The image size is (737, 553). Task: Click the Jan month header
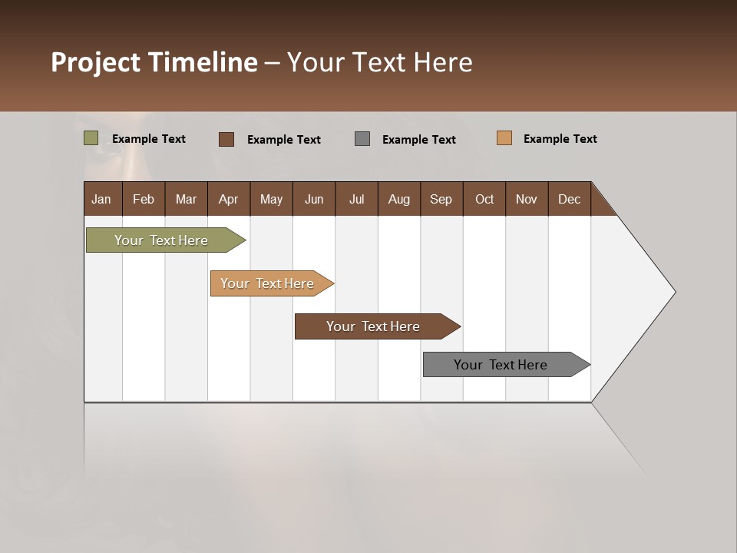(101, 199)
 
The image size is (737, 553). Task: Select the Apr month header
(228, 199)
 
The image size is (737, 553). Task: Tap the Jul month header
(356, 199)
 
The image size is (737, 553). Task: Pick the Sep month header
(441, 199)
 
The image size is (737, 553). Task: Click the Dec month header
(569, 199)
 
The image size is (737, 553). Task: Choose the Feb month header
(144, 199)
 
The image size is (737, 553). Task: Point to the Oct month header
(484, 199)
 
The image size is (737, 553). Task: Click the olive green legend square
(91, 138)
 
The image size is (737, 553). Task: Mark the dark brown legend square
(226, 139)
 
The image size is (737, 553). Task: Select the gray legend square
(362, 139)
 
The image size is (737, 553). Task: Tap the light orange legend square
(504, 138)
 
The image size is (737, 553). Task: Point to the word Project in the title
(96, 62)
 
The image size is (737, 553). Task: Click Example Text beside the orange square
(560, 139)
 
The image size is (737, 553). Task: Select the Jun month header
(314, 199)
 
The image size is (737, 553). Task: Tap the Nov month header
(527, 199)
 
